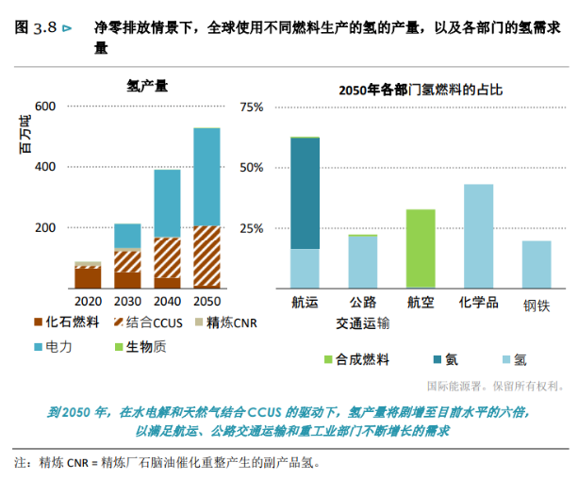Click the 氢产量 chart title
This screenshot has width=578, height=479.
coord(147,86)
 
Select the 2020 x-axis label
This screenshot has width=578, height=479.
coord(88,301)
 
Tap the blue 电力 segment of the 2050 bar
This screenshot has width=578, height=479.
coord(206,176)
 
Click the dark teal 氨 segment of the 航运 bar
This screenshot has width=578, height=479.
coord(305,193)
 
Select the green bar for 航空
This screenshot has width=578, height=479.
coord(421,248)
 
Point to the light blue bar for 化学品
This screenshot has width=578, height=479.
coord(478,236)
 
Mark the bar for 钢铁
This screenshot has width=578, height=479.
coord(537,264)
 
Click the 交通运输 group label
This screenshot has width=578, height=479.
coord(362,322)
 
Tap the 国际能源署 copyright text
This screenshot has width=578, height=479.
coord(495,385)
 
